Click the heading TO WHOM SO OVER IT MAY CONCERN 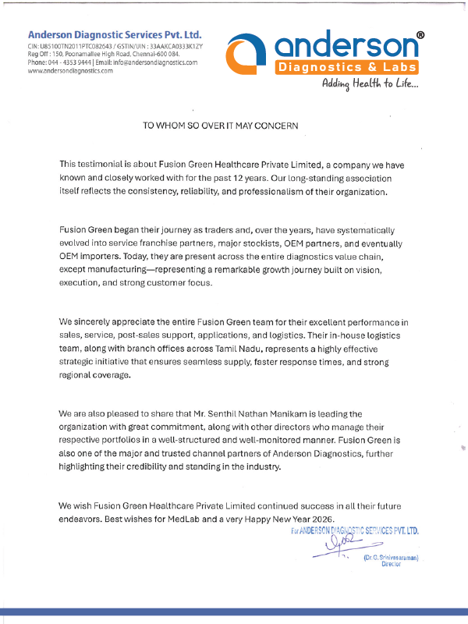[x=221, y=125]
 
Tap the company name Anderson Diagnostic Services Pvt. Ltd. [x=115, y=34]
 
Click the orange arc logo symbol [x=244, y=55]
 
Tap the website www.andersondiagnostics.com [x=70, y=70]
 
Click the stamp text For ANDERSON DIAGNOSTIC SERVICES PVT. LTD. [x=355, y=530]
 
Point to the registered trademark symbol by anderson [x=420, y=36]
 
